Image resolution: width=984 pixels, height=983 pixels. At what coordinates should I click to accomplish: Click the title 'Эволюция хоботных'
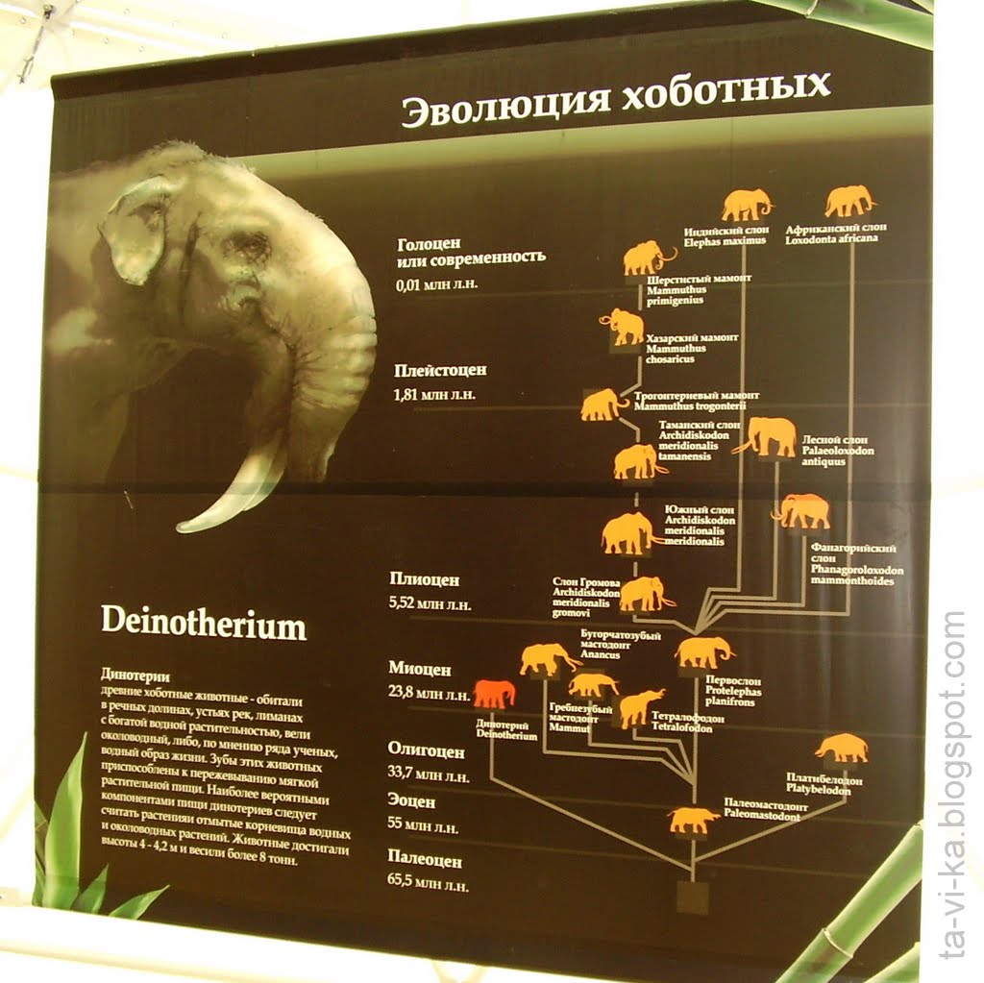[x=615, y=100]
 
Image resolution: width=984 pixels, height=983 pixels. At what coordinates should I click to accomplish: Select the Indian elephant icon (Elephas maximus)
[x=747, y=205]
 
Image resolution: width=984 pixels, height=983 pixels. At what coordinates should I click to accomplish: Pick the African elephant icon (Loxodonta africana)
[x=849, y=201]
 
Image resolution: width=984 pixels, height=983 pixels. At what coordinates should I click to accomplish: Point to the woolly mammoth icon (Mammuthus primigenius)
[x=646, y=258]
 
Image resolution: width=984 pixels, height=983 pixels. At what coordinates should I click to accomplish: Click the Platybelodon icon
[x=842, y=748]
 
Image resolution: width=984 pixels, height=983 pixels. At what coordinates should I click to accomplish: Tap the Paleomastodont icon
[x=693, y=820]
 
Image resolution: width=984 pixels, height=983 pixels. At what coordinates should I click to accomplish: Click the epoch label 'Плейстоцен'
[x=440, y=370]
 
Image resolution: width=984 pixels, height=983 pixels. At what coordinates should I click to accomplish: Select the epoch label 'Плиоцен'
[x=424, y=579]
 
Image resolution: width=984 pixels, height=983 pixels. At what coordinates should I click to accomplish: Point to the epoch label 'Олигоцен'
[x=426, y=750]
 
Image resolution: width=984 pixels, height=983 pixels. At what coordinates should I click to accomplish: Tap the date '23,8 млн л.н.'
[x=430, y=692]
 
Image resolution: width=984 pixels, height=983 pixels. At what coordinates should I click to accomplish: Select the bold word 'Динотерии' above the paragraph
[x=135, y=676]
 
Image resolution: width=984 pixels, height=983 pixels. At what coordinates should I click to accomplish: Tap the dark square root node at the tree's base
[x=692, y=896]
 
